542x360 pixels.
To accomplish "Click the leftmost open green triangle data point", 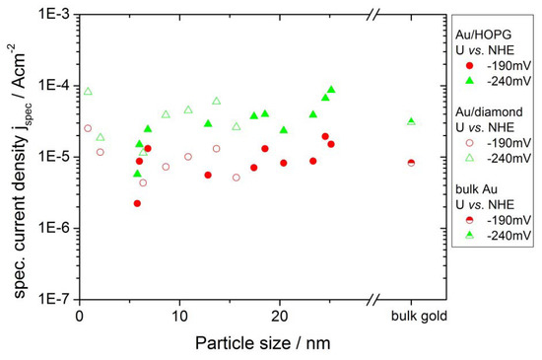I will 88,92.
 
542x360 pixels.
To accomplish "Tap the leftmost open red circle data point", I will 88,128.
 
